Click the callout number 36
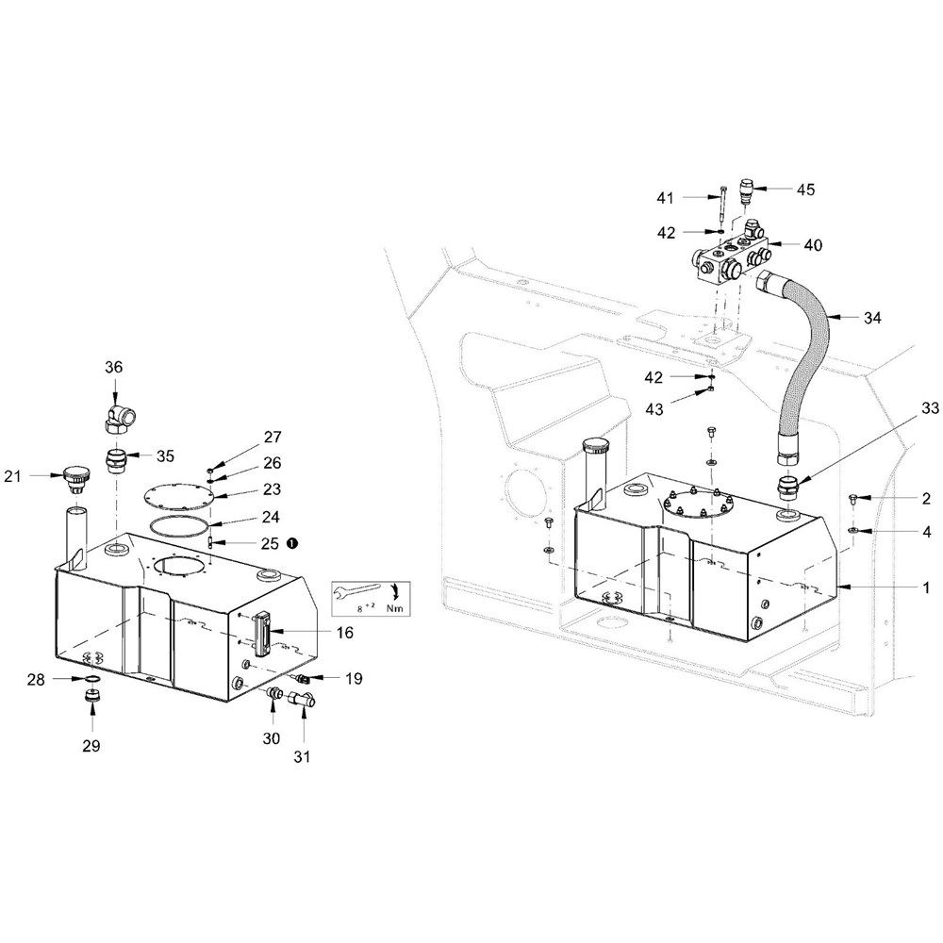click(x=114, y=367)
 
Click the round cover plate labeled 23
click(x=180, y=497)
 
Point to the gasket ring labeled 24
click(x=180, y=525)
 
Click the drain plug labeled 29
click(x=91, y=698)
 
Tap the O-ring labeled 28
click(x=91, y=679)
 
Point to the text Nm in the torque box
click(x=394, y=608)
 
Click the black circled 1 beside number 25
click(x=292, y=543)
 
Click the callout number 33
click(x=929, y=407)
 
